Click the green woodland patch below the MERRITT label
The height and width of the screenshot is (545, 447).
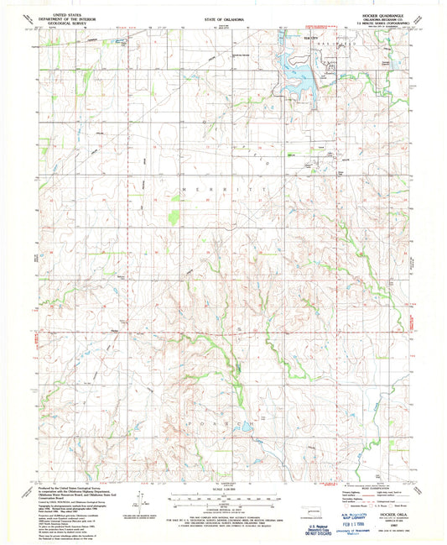click(x=174, y=217)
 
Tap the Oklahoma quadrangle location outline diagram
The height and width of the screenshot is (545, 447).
click(x=295, y=500)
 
